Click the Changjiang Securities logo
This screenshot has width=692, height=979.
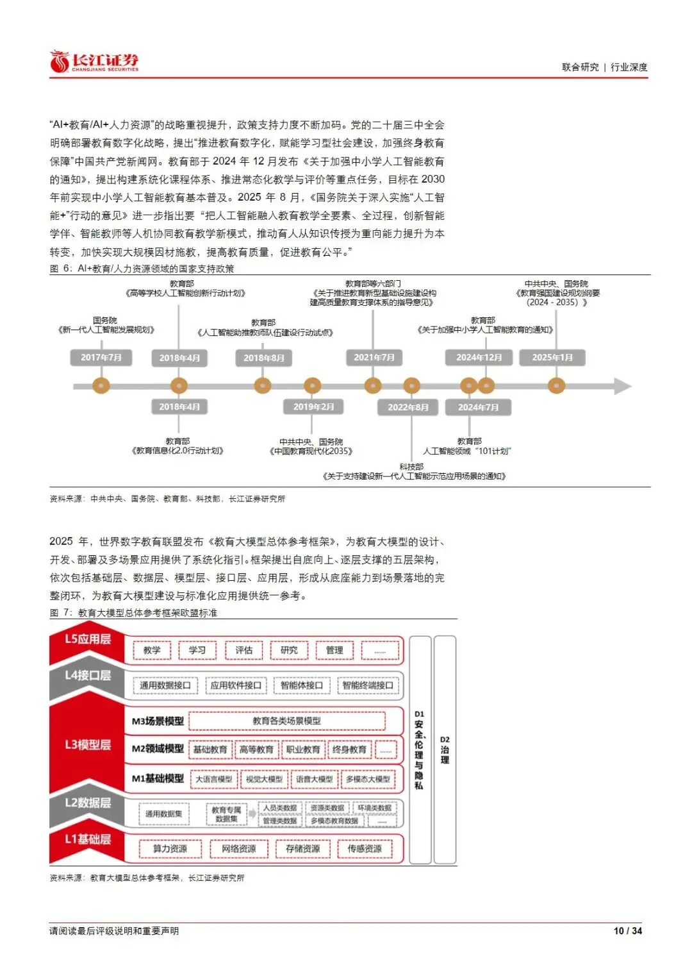point(94,62)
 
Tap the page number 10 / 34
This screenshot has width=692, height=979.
point(627,930)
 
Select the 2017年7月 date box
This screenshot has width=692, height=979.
point(101,357)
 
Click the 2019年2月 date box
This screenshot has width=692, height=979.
point(313,406)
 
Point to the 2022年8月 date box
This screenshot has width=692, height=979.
point(408,407)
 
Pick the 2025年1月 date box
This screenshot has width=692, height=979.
point(552,357)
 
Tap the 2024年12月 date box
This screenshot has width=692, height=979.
point(479,357)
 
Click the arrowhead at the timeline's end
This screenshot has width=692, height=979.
point(623,386)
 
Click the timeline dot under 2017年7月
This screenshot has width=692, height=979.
point(101,386)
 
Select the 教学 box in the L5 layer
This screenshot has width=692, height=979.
point(152,650)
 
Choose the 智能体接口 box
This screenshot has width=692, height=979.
point(301,685)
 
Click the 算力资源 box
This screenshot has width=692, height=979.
point(170,849)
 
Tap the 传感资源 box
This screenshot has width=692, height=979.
point(365,849)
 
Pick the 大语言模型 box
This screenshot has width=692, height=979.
point(214,779)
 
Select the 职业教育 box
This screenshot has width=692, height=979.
point(303,749)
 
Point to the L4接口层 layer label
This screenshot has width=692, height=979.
point(88,676)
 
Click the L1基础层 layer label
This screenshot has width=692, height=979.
point(88,839)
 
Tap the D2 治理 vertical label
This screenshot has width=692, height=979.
point(445,750)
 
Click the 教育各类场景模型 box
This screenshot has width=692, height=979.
point(287,721)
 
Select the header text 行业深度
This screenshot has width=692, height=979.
point(629,67)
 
